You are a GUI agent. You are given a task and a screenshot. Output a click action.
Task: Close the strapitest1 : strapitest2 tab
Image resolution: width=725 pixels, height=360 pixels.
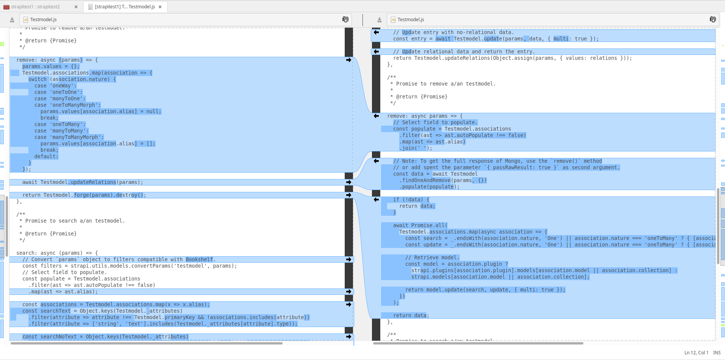pos(76,7)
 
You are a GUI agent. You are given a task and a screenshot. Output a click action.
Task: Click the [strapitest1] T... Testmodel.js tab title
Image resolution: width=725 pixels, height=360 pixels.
pos(125,7)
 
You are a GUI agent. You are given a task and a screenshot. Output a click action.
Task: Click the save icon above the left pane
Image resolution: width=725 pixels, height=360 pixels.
pos(12,20)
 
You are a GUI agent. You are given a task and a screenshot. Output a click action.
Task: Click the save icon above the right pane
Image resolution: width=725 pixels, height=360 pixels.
pos(380,20)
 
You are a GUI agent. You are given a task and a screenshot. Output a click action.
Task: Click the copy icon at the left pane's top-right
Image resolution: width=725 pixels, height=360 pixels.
pos(345,20)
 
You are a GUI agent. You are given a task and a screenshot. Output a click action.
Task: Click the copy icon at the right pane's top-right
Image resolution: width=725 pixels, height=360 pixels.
pos(713,20)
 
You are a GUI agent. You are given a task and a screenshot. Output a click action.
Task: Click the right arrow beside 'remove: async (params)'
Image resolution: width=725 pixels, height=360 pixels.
pos(348,60)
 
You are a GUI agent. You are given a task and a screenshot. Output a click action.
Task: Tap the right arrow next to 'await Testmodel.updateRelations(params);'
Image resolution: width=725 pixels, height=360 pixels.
pos(348,182)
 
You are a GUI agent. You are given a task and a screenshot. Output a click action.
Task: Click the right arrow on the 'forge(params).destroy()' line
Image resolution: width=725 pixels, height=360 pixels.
pos(348,195)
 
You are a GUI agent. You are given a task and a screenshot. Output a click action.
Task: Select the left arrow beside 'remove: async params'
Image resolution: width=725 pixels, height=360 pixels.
pos(376,116)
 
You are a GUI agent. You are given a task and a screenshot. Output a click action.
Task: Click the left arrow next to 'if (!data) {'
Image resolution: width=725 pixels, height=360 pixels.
pos(376,199)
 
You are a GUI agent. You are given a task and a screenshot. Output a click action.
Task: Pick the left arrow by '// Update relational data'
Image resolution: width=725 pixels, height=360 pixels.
pos(376,51)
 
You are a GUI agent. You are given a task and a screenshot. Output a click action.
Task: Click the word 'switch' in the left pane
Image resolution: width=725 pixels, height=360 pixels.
pos(37,79)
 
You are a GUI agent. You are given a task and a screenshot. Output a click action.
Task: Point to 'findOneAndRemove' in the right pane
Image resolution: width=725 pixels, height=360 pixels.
pos(426,180)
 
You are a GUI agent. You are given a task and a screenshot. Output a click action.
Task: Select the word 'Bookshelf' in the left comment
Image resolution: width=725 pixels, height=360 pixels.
pos(199,259)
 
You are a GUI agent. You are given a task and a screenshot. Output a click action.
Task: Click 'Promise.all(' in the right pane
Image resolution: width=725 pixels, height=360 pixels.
pos(429,225)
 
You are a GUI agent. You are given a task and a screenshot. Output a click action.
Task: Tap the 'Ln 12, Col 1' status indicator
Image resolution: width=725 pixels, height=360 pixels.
pos(696,352)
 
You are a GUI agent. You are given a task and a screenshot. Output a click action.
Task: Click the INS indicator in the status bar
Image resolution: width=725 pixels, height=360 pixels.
pos(717,352)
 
